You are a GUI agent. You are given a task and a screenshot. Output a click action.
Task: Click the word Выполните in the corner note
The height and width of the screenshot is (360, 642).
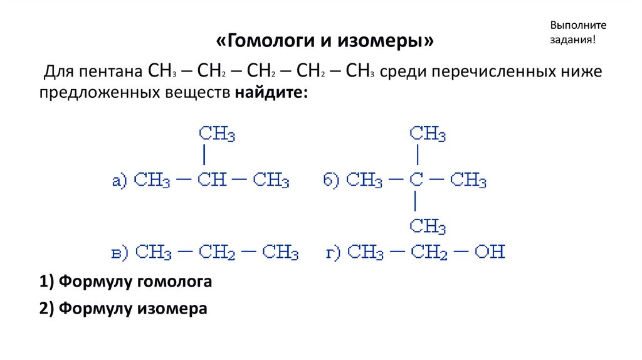tap(579, 25)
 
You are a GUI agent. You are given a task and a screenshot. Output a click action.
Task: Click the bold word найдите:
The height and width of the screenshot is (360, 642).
tap(272, 93)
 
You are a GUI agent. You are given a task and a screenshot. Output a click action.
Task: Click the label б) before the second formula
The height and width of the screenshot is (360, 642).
tap(330, 181)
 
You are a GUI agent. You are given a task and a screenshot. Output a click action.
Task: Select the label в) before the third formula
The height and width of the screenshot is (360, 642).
tap(119, 253)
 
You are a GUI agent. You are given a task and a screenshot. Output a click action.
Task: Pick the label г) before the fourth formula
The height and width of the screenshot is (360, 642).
tap(332, 253)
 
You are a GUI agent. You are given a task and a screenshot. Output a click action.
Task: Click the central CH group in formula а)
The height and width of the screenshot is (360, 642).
tap(213, 181)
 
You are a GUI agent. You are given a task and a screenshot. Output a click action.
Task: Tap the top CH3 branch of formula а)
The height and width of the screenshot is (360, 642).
tap(217, 134)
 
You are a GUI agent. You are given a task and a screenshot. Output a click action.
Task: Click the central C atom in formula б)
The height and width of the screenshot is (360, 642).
tap(416, 181)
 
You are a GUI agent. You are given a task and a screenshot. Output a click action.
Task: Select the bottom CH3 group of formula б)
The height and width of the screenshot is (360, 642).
tap(428, 226)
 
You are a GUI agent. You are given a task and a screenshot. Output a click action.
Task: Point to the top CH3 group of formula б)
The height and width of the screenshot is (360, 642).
tap(428, 134)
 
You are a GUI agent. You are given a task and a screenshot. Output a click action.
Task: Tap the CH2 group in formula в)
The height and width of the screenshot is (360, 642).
tap(217, 253)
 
